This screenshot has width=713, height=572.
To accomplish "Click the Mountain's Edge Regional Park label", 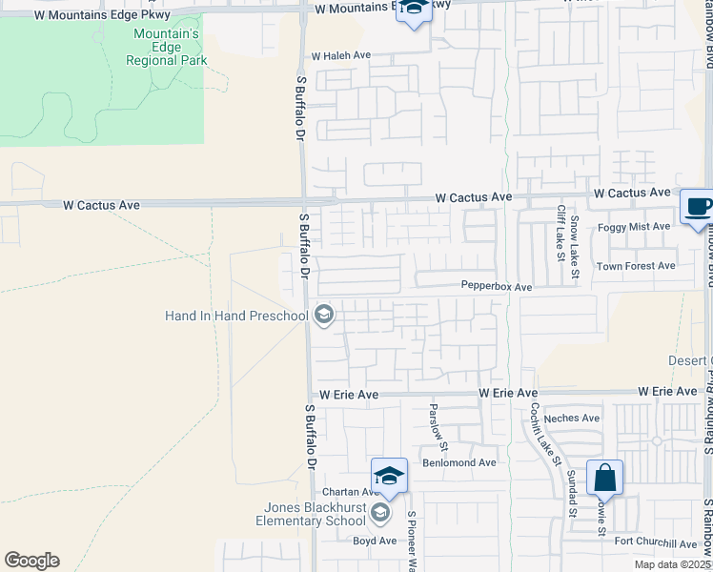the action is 167,47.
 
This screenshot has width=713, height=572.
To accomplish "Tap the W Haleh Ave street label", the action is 340,55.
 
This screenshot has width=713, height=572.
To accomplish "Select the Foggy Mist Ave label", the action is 634,227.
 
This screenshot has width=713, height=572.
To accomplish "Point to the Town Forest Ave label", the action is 636,266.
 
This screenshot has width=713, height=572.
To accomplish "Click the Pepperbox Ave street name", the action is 497,286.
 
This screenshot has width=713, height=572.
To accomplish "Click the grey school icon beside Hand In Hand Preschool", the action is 324,316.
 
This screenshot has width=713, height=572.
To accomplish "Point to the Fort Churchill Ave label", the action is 656,544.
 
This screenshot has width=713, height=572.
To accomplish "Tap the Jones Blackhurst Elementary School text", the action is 311,515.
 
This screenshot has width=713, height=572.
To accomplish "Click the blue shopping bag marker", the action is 605,477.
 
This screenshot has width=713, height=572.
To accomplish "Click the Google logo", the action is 31,561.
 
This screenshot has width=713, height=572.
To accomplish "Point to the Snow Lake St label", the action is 575,247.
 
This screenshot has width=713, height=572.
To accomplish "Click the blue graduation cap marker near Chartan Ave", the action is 390,476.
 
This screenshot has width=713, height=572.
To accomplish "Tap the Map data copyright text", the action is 674,564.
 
